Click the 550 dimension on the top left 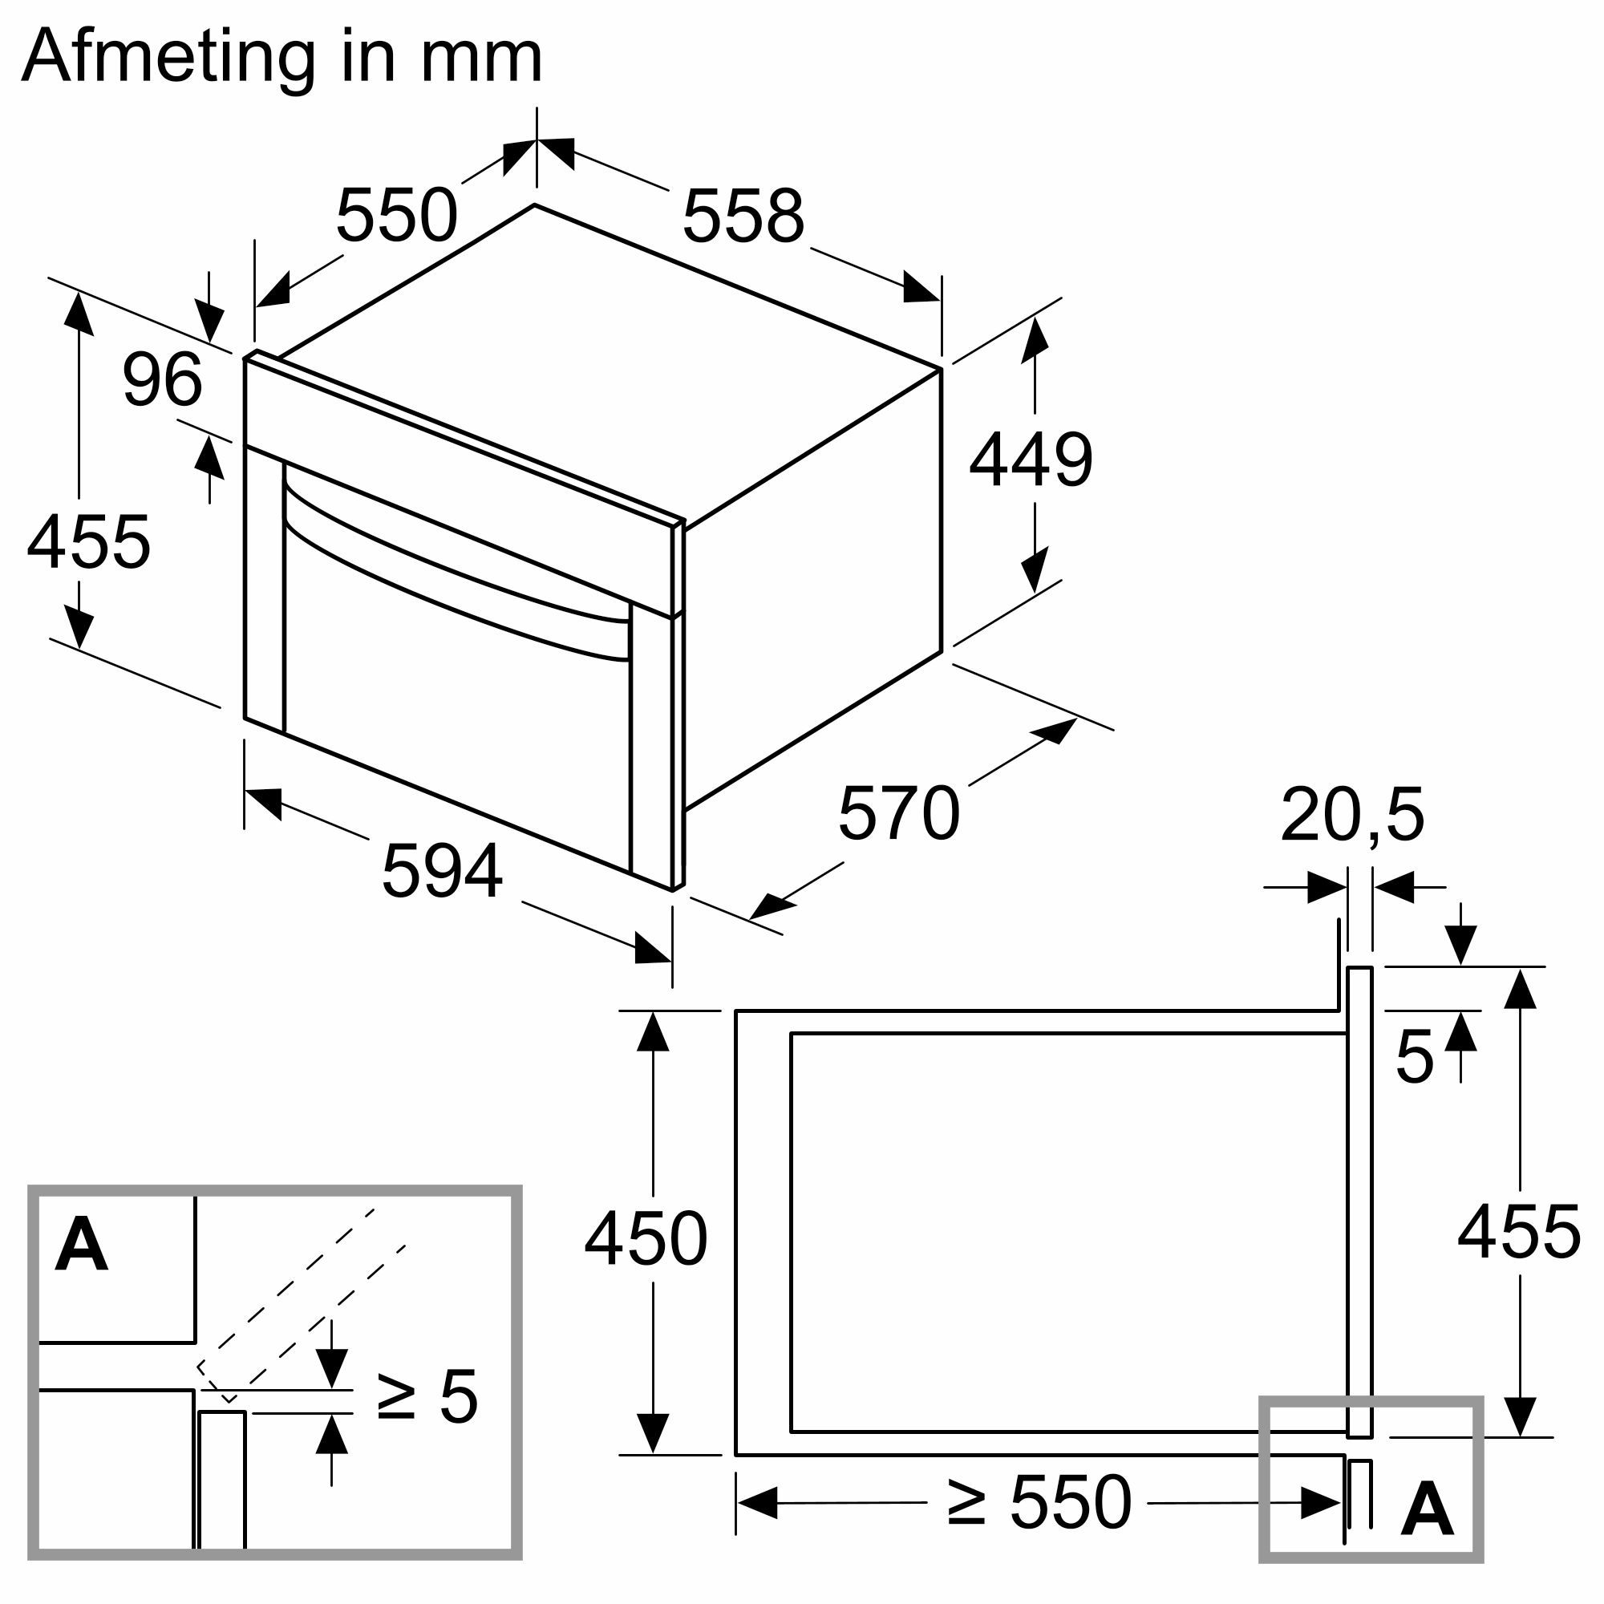396,215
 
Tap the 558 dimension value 743,216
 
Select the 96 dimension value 162,379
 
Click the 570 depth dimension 898,813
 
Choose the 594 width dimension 442,871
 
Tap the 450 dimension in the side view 645,1240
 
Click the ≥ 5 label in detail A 427,1396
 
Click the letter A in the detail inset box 81,1245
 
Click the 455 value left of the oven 88,542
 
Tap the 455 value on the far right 1518,1232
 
